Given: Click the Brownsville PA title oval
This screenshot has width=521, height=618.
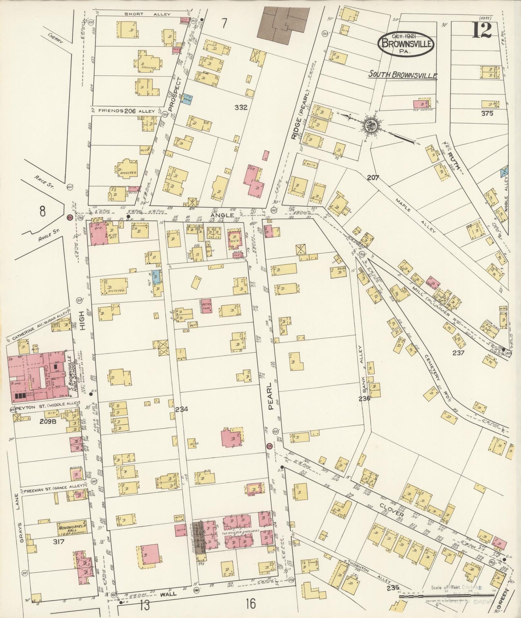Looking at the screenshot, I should (x=405, y=44).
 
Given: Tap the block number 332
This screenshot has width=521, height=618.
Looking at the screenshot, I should (x=240, y=107).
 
